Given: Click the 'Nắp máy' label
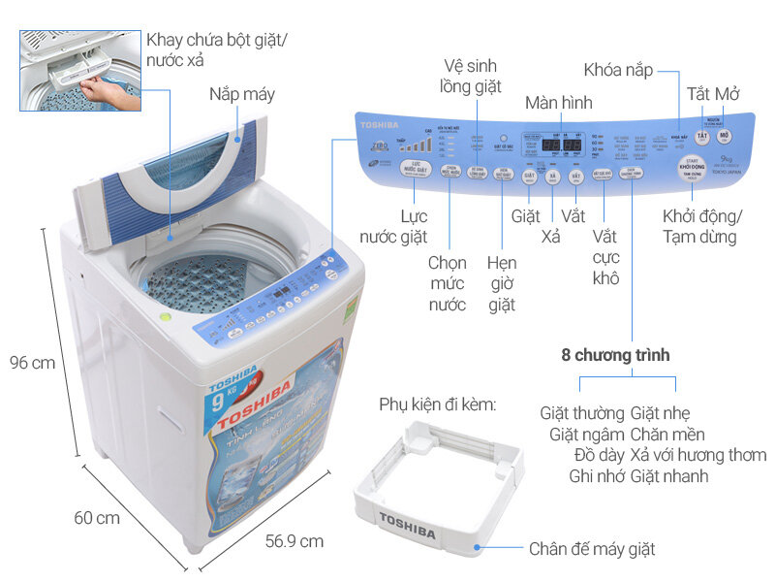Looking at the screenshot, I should (242, 94).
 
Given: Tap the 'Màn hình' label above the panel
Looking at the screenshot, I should (558, 103).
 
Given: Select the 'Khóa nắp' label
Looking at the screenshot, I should (619, 70).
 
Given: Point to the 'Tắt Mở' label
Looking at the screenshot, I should (712, 94).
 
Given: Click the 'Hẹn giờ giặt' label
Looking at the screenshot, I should (502, 284).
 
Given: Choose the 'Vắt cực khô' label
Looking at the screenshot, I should (605, 256).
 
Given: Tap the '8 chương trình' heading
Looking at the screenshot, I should (615, 356).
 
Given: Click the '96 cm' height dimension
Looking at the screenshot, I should (32, 363).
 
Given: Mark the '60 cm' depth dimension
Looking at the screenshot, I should (97, 517).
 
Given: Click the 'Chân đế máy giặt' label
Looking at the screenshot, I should (592, 550).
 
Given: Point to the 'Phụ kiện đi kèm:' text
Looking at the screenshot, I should (437, 404).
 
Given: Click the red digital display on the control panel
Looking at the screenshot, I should (561, 145).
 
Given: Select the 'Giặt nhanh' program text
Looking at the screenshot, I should (669, 476).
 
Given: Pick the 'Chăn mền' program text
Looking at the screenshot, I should (667, 434).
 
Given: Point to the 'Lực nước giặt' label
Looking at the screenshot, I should (393, 226).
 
